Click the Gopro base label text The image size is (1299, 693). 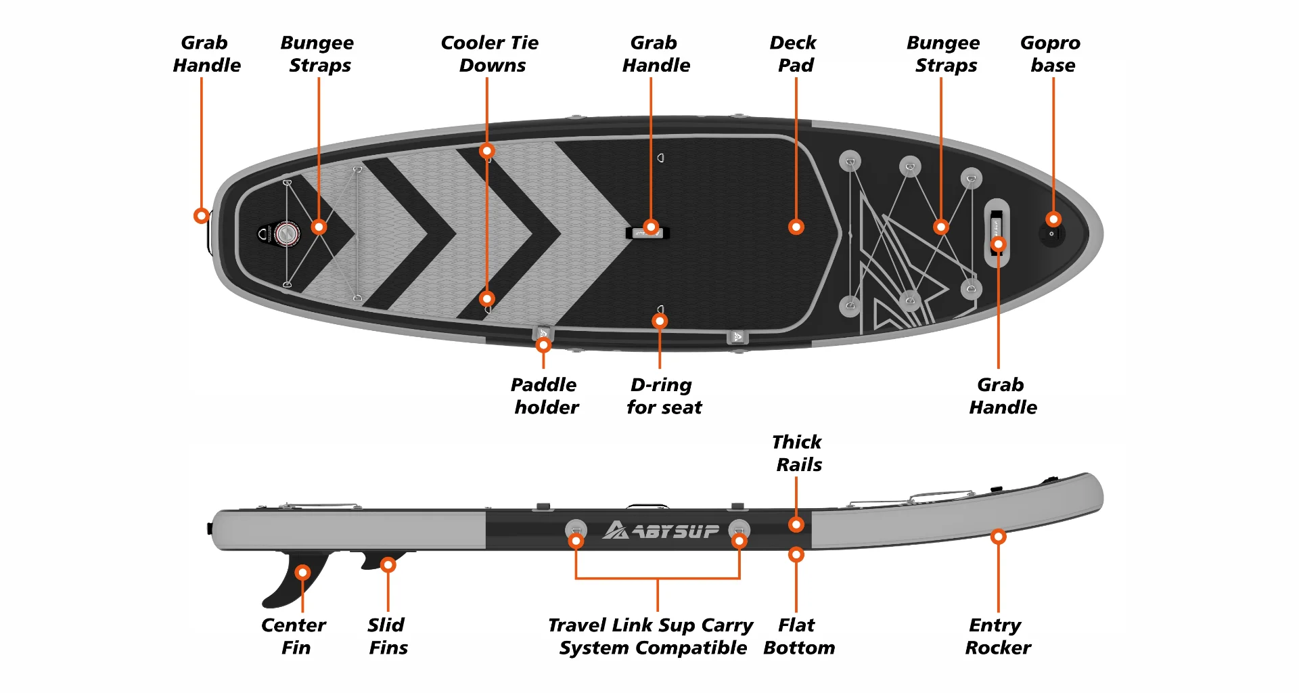[1051, 54]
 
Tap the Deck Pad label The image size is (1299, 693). [794, 54]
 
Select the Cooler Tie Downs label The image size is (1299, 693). [490, 54]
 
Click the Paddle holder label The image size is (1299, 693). [545, 396]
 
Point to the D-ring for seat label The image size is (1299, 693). [663, 396]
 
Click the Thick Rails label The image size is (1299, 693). [798, 453]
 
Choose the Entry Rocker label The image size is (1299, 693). [997, 636]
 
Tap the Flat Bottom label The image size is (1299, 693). [798, 636]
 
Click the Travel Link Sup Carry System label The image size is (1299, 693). [651, 636]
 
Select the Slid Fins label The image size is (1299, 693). [388, 636]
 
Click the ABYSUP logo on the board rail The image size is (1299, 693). [661, 530]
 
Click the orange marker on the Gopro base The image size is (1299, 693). [1053, 219]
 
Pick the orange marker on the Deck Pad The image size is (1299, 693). [796, 227]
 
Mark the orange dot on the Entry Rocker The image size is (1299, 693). [998, 537]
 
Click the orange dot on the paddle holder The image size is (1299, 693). [543, 345]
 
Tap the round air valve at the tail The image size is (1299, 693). [287, 233]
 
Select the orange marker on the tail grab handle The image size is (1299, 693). [201, 216]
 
